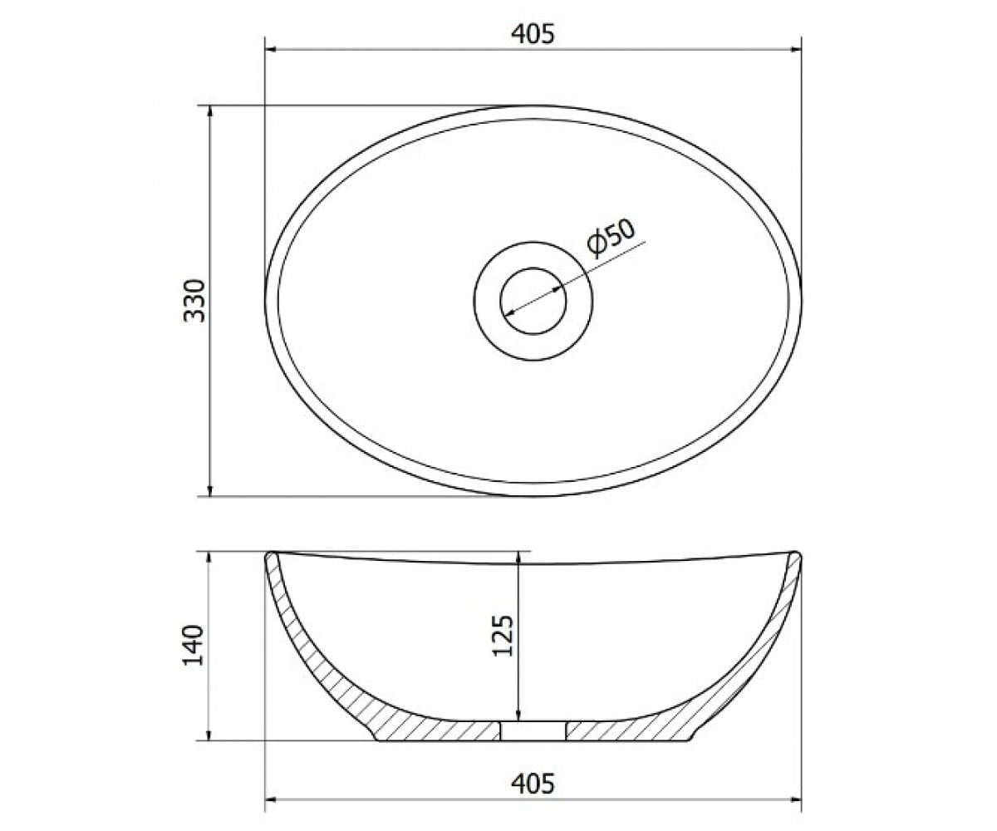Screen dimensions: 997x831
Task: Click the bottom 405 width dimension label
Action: pyautogui.click(x=533, y=784)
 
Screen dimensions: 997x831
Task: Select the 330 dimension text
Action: pyautogui.click(x=194, y=300)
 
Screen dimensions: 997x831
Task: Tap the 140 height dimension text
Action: pyautogui.click(x=194, y=645)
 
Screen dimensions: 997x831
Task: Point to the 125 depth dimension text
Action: pyautogui.click(x=502, y=636)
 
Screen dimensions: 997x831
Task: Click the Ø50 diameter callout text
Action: pyautogui.click(x=611, y=238)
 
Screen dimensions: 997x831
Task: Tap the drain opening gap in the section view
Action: pyautogui.click(x=533, y=730)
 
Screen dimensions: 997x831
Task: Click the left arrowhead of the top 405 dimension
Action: pyautogui.click(x=271, y=49)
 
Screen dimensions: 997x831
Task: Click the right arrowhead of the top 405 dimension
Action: pyautogui.click(x=795, y=49)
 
